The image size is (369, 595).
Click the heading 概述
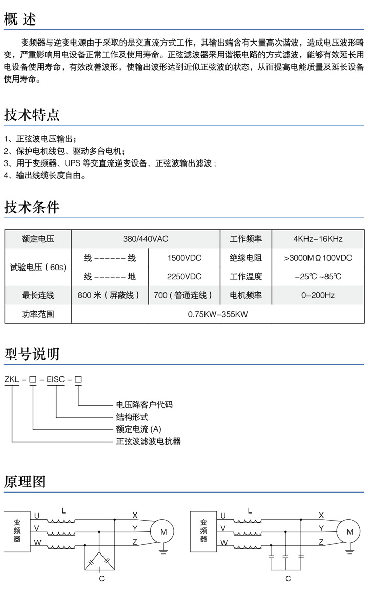[x=20, y=19]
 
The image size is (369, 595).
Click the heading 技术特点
[x=32, y=115]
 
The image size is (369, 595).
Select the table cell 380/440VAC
[x=146, y=239]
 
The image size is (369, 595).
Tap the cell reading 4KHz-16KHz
[x=318, y=239]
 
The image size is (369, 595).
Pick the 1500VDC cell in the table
[x=184, y=258]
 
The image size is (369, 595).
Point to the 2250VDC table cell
[x=184, y=277]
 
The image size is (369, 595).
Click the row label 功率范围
[x=38, y=314]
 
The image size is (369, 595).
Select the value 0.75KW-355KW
[x=217, y=314]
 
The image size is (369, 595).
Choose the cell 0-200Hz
[x=318, y=295]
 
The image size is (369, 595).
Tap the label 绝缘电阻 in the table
[x=245, y=258]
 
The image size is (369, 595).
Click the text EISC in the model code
[x=55, y=379]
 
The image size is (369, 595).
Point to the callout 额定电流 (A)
[x=138, y=429]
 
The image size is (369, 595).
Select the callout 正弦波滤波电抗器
[x=149, y=441]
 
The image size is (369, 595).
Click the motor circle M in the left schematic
[x=163, y=531]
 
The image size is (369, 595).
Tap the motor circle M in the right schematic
[x=349, y=531]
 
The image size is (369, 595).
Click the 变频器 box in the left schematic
[x=17, y=531]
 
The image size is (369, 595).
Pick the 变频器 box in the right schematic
[x=203, y=531]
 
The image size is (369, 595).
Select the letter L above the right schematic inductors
[x=250, y=511]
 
